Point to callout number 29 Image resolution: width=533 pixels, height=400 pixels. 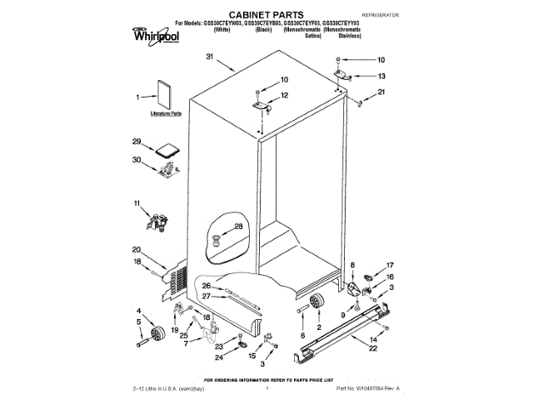coord(136,142)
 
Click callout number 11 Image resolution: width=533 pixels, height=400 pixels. coord(137,202)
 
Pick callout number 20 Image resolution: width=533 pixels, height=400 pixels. coord(137,249)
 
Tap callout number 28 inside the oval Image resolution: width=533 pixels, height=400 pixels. coord(238,227)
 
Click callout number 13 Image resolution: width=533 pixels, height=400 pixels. coord(381,75)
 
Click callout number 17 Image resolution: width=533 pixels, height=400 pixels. coord(390,267)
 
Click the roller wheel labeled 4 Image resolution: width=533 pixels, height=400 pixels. coord(154,337)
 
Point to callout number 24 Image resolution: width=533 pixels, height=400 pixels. coord(219,357)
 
